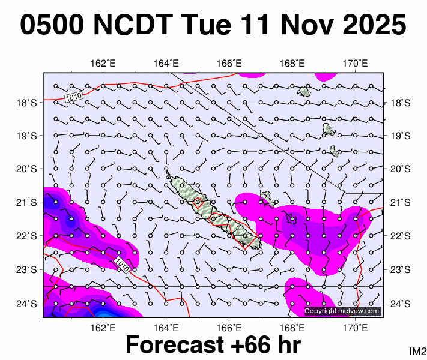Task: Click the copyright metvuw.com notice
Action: pyautogui.click(x=342, y=311)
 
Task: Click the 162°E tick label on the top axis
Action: pyautogui.click(x=103, y=64)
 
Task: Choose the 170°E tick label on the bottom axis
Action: pyautogui.click(x=355, y=327)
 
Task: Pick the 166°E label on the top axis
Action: pyautogui.click(x=229, y=64)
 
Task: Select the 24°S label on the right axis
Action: pyautogui.click(x=399, y=304)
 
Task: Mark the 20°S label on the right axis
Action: pyautogui.click(x=399, y=169)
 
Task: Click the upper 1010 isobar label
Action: pyautogui.click(x=73, y=96)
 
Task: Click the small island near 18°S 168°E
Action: pyautogui.click(x=304, y=92)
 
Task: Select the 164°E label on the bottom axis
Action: pyautogui.click(x=166, y=327)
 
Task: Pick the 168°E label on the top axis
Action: pyautogui.click(x=292, y=64)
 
